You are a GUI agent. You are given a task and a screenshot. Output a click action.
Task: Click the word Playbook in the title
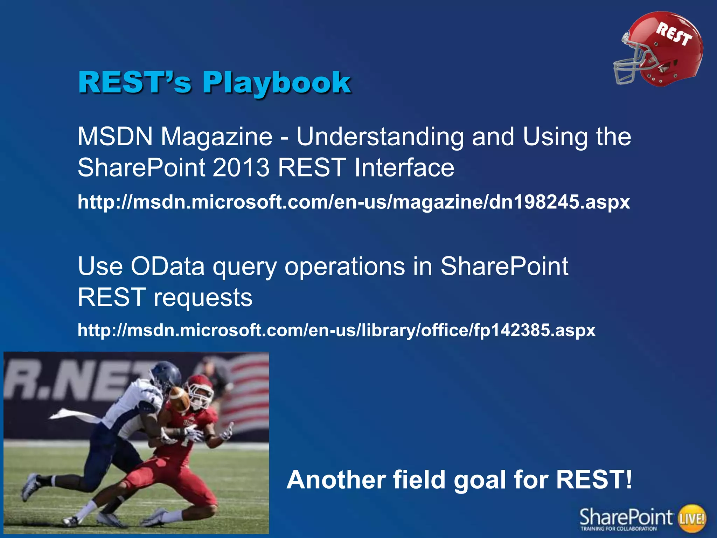pos(277,83)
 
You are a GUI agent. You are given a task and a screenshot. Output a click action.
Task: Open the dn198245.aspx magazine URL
pos(354,202)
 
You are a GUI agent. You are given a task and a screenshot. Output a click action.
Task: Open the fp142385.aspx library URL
pos(336,330)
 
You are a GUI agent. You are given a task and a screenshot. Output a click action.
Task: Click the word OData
pos(167,266)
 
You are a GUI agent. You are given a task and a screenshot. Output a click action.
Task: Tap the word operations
pos(344,266)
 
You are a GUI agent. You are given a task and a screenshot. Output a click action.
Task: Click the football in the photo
pos(179,399)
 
